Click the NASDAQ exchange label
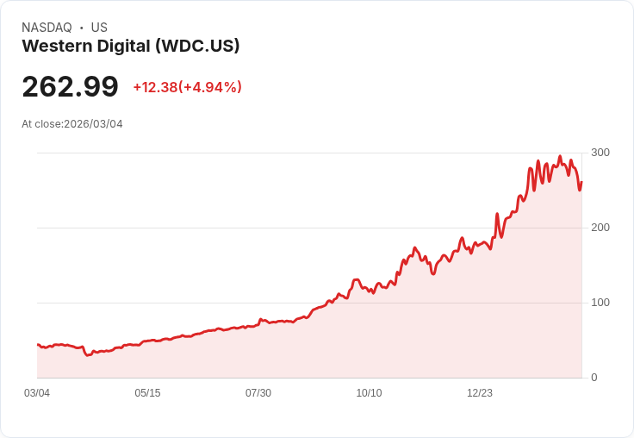coord(47,28)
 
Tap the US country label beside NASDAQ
coord(99,28)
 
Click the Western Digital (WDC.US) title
coord(130,46)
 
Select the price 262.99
coord(70,87)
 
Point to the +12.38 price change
coord(154,87)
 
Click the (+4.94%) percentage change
coord(210,87)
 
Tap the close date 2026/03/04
coord(93,124)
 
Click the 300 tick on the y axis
coord(600,153)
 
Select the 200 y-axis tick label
coord(600,228)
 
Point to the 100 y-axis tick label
coord(600,303)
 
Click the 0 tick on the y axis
coord(594,378)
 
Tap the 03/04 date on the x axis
coord(37,393)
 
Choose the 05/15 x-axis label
coord(147,393)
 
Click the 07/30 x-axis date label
coord(258,393)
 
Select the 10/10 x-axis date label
coord(369,393)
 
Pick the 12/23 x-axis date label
coord(480,393)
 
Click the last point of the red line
coord(581,182)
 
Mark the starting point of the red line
coord(37,344)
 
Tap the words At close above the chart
coord(41,124)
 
